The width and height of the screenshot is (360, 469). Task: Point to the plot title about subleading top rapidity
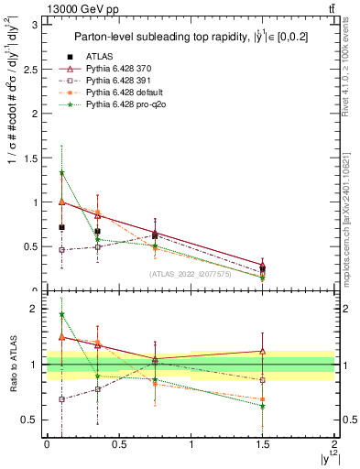pyautogui.click(x=190, y=38)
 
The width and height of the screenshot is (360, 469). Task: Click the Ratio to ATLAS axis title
pyautogui.click(x=12, y=365)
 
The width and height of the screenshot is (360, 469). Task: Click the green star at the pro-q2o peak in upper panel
pyautogui.click(x=61, y=172)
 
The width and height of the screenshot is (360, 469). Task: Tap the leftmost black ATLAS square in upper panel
pyautogui.click(x=61, y=227)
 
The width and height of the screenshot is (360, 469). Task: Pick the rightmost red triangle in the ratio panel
pyautogui.click(x=263, y=351)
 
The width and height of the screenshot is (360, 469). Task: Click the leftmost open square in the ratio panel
pyautogui.click(x=61, y=399)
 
